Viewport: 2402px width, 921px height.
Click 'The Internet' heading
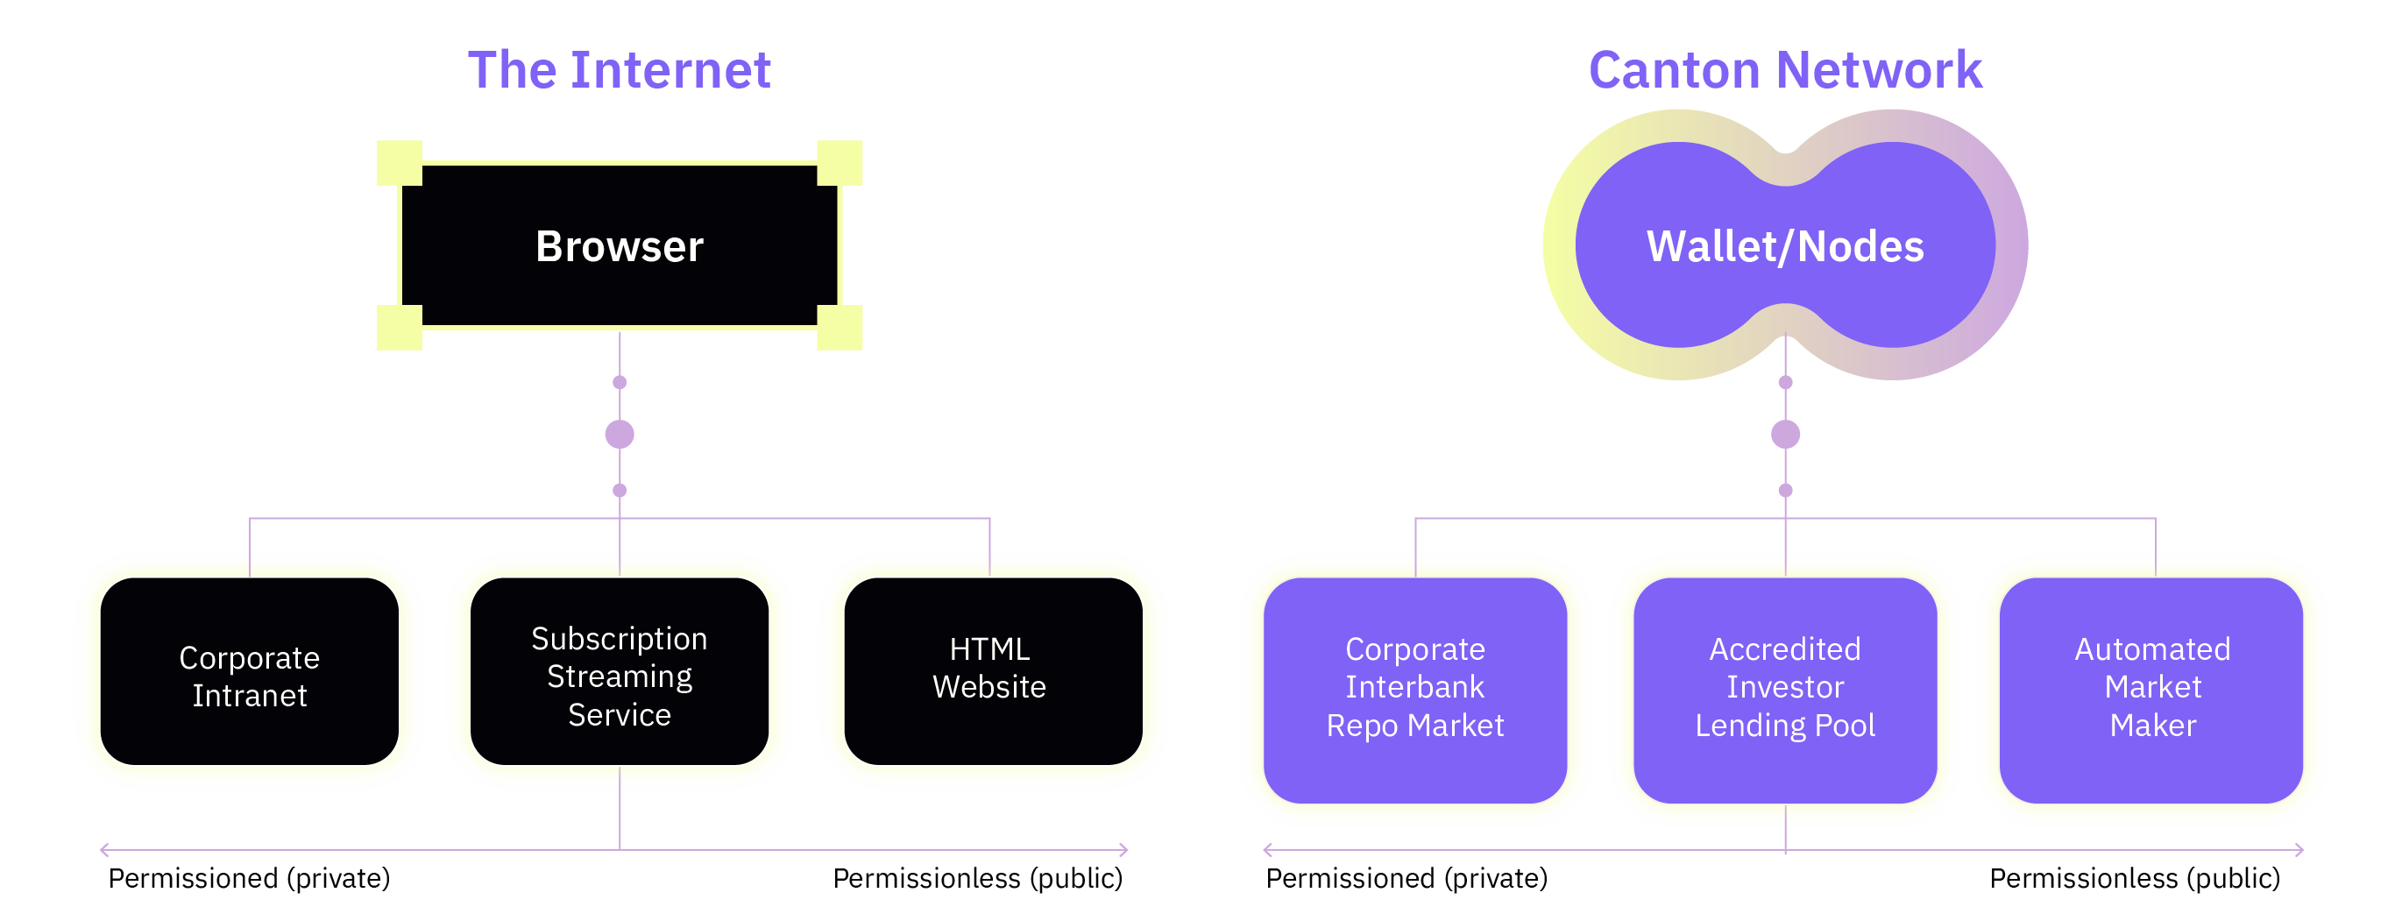pos(620,71)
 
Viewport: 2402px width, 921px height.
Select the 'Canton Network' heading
pos(1785,71)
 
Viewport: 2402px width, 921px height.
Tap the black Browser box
pos(620,246)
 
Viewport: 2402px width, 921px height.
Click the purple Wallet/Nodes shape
pos(1785,246)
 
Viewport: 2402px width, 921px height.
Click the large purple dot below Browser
pos(620,434)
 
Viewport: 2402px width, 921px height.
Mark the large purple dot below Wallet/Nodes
pos(1785,434)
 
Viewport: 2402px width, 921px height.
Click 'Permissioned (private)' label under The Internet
pos(249,878)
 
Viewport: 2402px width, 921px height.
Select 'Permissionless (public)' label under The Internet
pos(977,878)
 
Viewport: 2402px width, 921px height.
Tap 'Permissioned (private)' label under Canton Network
pos(1406,878)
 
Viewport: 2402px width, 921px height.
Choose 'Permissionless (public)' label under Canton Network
pos(2135,878)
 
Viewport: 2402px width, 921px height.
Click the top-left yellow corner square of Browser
pos(399,163)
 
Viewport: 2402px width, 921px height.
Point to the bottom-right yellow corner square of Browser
pos(840,327)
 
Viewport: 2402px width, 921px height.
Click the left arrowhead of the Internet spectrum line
pos(103,849)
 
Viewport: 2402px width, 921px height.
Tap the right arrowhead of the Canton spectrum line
pos(2299,849)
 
